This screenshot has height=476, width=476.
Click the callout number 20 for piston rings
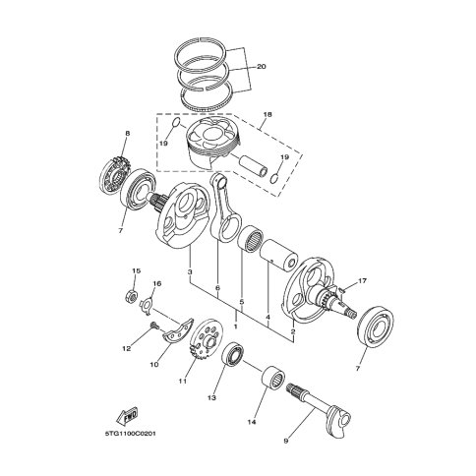[x=262, y=67]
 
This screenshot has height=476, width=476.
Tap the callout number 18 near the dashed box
[x=268, y=115]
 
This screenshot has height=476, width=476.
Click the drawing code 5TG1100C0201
[x=130, y=434]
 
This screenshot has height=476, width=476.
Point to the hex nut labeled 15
[x=131, y=297]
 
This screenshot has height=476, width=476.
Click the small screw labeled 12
[x=153, y=325]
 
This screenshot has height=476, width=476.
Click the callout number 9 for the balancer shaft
[x=286, y=441]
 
